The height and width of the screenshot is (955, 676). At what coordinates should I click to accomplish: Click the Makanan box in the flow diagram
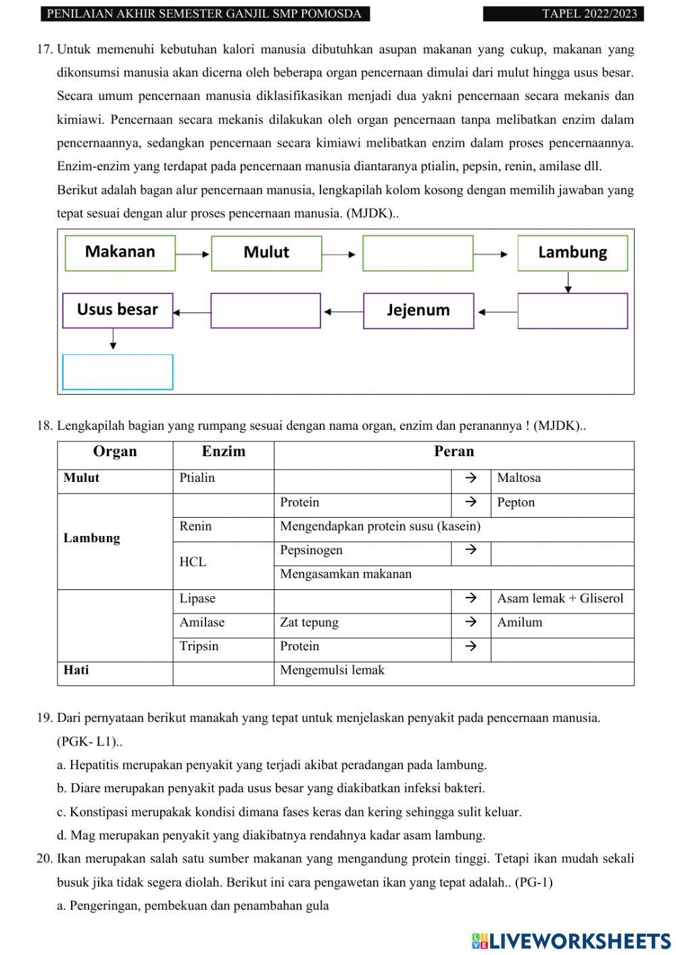120,253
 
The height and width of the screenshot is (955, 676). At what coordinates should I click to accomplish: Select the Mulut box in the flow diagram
266,253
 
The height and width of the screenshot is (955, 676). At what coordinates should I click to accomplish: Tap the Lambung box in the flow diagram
573,253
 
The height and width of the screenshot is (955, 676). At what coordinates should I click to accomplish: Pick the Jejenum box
418,310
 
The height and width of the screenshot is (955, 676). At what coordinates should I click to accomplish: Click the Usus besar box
118,310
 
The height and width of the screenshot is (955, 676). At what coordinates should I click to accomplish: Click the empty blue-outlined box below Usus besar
118,372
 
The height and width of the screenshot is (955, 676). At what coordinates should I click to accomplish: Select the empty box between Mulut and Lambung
418,253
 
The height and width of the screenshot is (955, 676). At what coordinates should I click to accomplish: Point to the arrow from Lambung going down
568,282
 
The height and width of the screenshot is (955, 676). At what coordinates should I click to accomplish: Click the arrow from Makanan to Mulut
193,254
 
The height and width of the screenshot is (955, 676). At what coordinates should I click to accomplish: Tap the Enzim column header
223,451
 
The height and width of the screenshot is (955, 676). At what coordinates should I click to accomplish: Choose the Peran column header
454,451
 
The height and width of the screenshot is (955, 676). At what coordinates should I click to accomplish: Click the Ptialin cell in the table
223,479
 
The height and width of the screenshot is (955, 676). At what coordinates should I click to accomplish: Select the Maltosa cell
562,479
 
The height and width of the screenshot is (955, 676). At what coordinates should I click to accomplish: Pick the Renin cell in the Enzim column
223,527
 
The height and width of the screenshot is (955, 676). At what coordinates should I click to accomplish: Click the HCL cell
223,562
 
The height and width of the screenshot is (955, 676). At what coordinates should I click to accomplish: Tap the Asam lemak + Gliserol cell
562,599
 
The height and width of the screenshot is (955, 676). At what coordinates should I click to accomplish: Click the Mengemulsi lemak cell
454,670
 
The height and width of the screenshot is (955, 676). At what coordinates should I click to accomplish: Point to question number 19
45,718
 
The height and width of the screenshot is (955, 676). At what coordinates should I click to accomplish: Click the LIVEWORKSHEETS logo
571,940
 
